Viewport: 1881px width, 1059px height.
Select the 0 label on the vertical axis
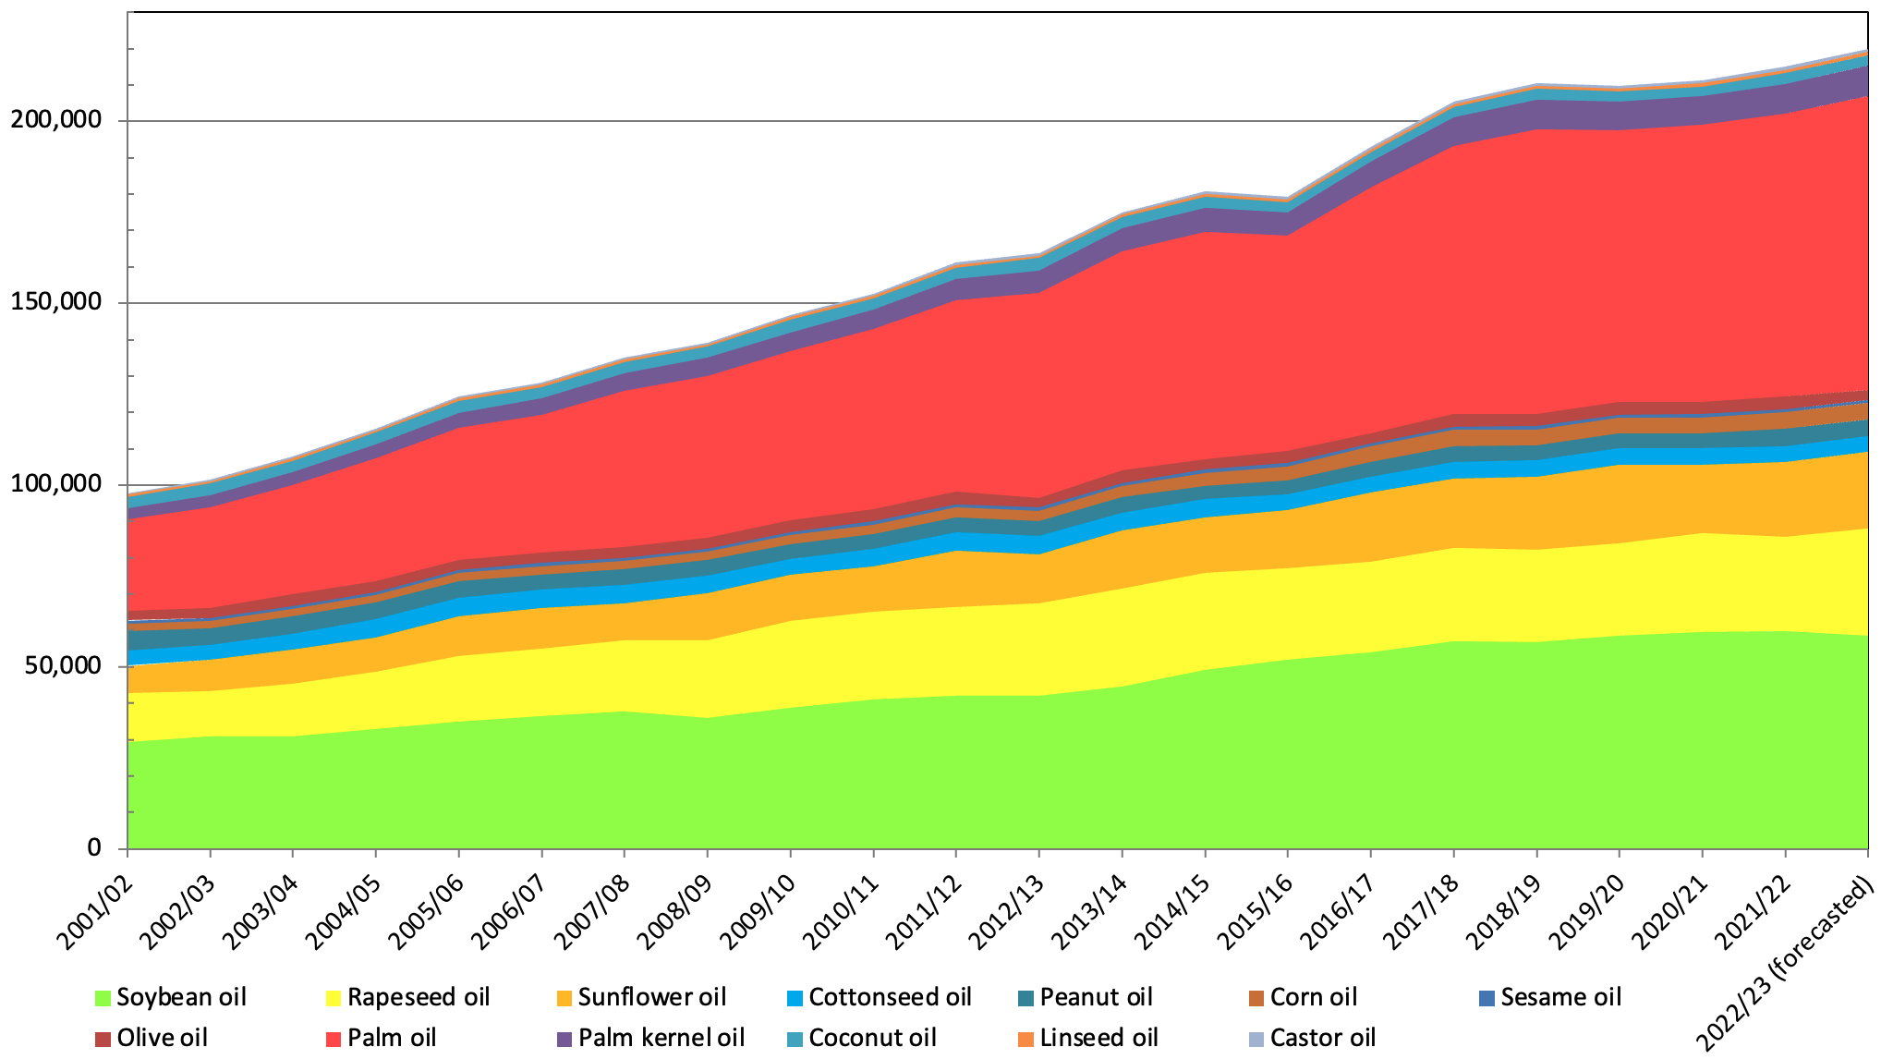click(x=93, y=847)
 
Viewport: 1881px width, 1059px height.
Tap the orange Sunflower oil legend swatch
click(x=564, y=998)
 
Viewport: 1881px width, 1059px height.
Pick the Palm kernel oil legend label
click(x=661, y=1038)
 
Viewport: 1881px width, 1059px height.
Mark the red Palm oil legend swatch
click(x=334, y=1039)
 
